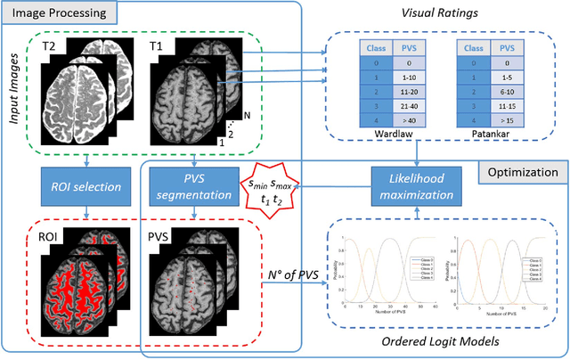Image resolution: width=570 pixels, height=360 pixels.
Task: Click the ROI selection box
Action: pos(86,188)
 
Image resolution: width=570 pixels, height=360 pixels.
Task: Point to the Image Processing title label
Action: pos(57,13)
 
